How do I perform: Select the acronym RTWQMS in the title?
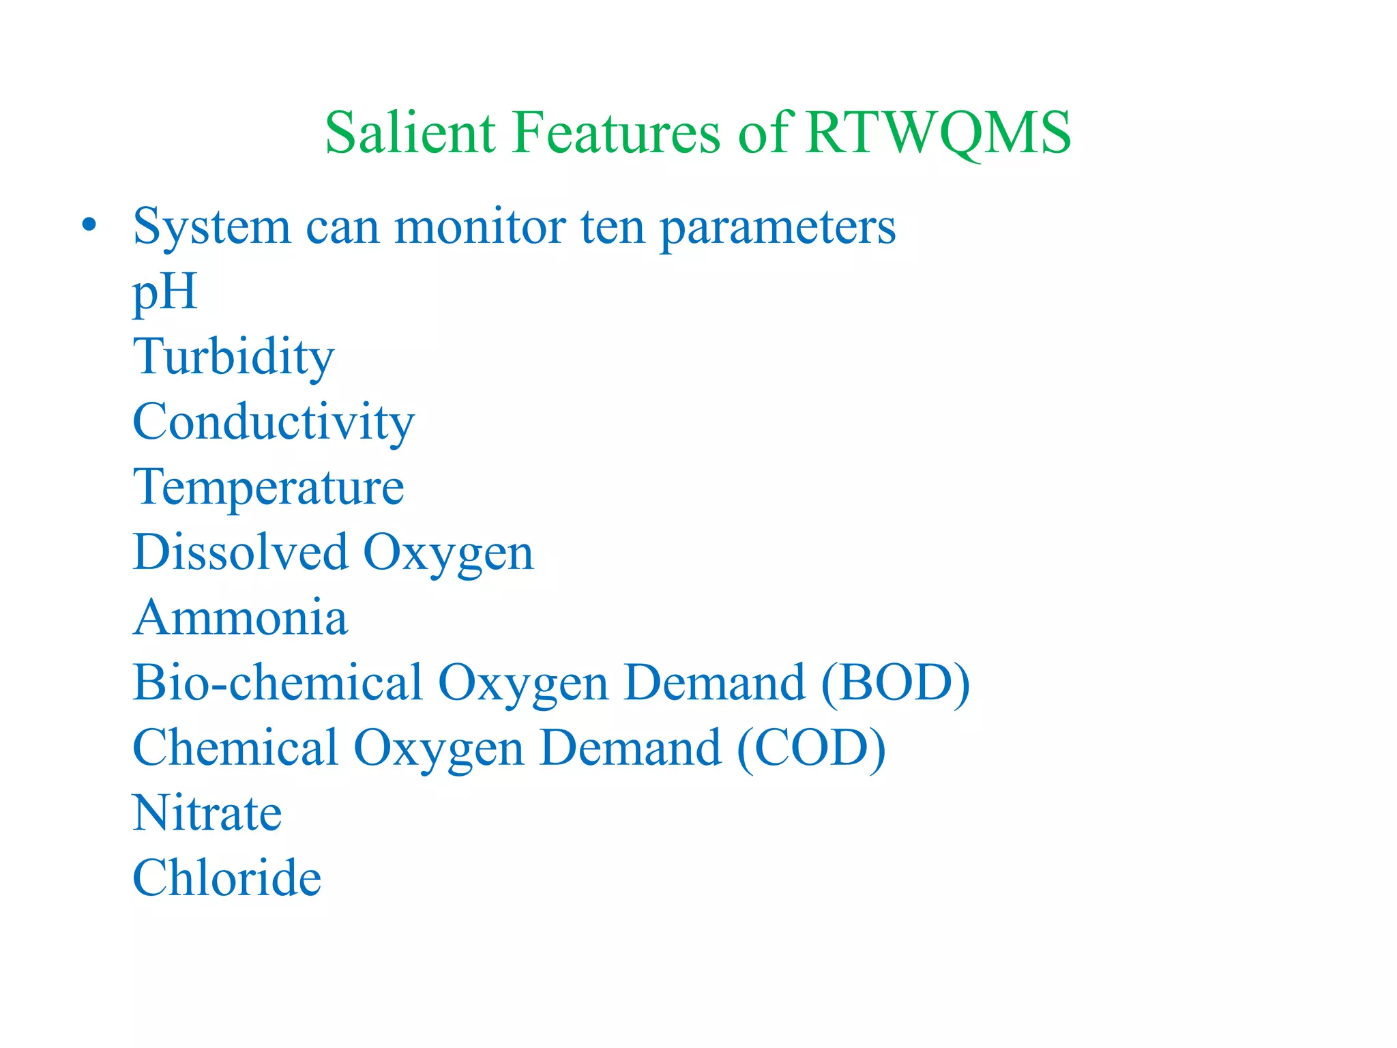pos(938,133)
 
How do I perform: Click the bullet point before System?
pos(89,224)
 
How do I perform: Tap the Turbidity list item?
pos(233,356)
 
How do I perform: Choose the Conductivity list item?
pos(274,421)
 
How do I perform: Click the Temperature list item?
pos(269,487)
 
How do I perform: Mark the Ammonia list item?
pos(240,617)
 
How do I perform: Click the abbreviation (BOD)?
pos(895,682)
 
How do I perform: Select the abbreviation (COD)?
pos(811,748)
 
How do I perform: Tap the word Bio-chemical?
pos(278,682)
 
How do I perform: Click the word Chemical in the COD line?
pos(235,747)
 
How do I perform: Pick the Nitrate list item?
pos(207,813)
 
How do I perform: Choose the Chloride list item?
pos(226,877)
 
